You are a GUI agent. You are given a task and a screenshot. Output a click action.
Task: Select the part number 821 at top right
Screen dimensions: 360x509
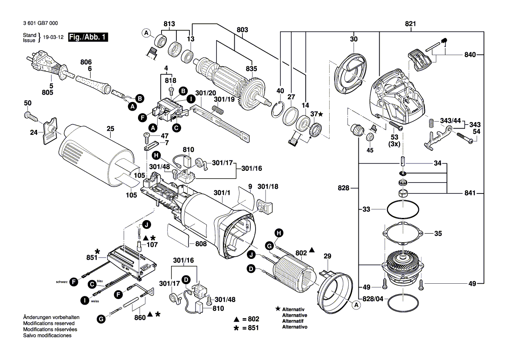tap(410, 24)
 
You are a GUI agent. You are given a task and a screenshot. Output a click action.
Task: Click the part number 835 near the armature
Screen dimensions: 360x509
tap(251, 68)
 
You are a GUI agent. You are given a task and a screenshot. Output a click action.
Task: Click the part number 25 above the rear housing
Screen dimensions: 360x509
tap(110, 129)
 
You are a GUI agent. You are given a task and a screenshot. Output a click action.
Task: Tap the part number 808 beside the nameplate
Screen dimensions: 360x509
tap(201, 244)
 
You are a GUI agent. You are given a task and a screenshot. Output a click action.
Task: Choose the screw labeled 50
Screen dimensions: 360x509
tap(32, 115)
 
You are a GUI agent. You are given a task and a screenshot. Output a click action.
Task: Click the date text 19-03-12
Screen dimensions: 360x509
tap(53, 37)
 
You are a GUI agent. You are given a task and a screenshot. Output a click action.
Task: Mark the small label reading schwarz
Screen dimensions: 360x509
tap(62, 282)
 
